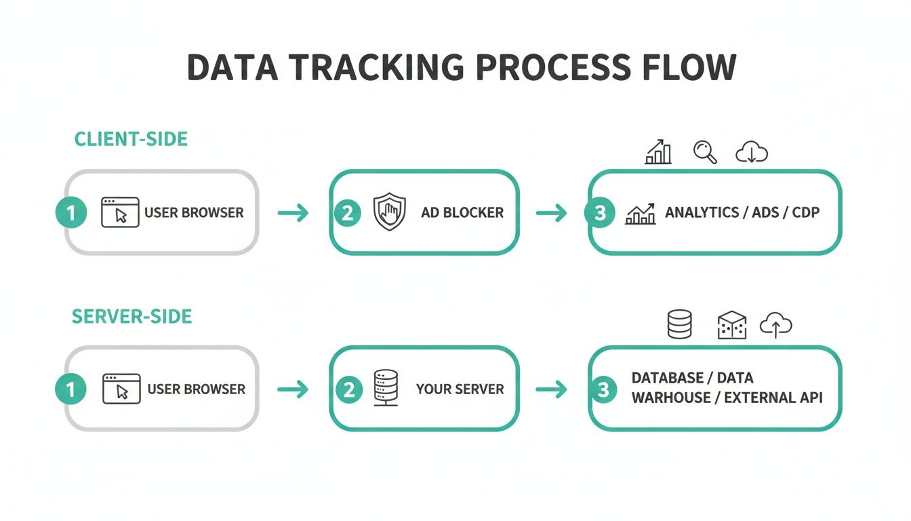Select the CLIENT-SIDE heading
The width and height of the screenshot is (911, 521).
point(131,139)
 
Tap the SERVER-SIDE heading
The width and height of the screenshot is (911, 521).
point(132,316)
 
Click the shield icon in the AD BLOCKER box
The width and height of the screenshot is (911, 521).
point(390,212)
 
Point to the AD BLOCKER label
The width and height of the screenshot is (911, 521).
point(462,212)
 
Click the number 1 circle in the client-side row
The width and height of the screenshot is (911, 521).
point(70,213)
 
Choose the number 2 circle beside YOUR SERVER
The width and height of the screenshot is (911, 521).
point(348,389)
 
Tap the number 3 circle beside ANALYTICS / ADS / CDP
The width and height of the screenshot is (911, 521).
point(600,213)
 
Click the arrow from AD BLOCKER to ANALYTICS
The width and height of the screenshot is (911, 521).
point(551,213)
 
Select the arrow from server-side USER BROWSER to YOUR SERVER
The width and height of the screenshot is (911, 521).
point(293,389)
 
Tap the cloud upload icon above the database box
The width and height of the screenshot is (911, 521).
point(776,326)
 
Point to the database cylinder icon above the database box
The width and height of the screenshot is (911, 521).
point(680,324)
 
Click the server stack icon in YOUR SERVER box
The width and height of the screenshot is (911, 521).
point(386,388)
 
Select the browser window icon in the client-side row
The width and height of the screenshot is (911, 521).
point(120,212)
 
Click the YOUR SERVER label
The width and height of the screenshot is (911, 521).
point(460,389)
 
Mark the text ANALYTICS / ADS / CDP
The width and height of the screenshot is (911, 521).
point(742,212)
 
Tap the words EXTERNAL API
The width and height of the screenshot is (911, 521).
point(773,398)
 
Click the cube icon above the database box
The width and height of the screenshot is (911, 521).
point(731,326)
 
